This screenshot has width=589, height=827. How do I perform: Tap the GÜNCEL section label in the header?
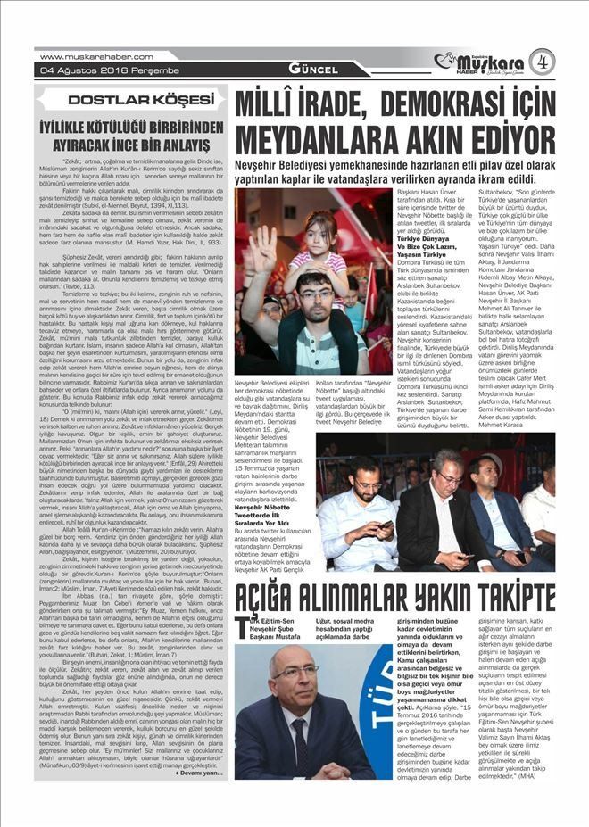click(x=311, y=69)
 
